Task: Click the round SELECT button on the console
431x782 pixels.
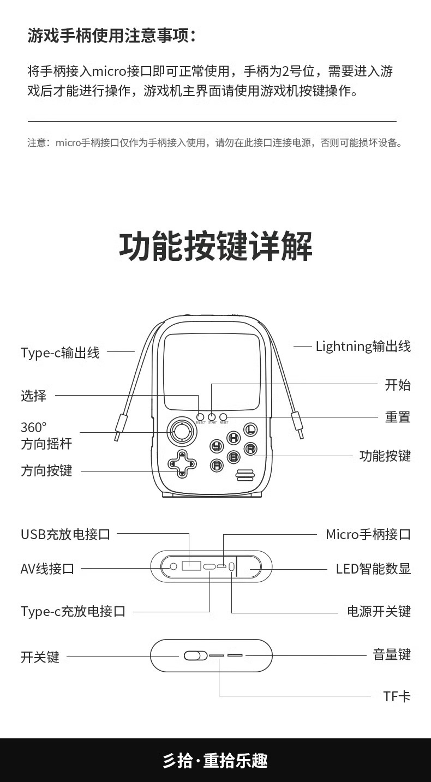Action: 200,417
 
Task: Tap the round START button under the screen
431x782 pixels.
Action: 212,417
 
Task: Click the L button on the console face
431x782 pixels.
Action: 250,429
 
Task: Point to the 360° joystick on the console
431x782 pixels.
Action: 180,432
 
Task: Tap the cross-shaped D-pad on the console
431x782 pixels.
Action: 181,464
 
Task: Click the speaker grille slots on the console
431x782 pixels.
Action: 245,475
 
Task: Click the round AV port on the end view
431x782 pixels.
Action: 173,566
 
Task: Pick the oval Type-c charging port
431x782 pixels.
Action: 210,566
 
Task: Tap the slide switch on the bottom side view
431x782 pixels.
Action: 195,655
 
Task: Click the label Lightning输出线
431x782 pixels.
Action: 363,346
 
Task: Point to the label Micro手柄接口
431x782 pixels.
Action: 368,534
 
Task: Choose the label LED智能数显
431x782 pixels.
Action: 373,569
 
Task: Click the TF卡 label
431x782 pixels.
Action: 397,696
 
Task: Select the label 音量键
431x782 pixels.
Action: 392,654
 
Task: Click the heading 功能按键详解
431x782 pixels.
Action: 215,247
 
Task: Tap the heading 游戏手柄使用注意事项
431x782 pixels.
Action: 111,36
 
